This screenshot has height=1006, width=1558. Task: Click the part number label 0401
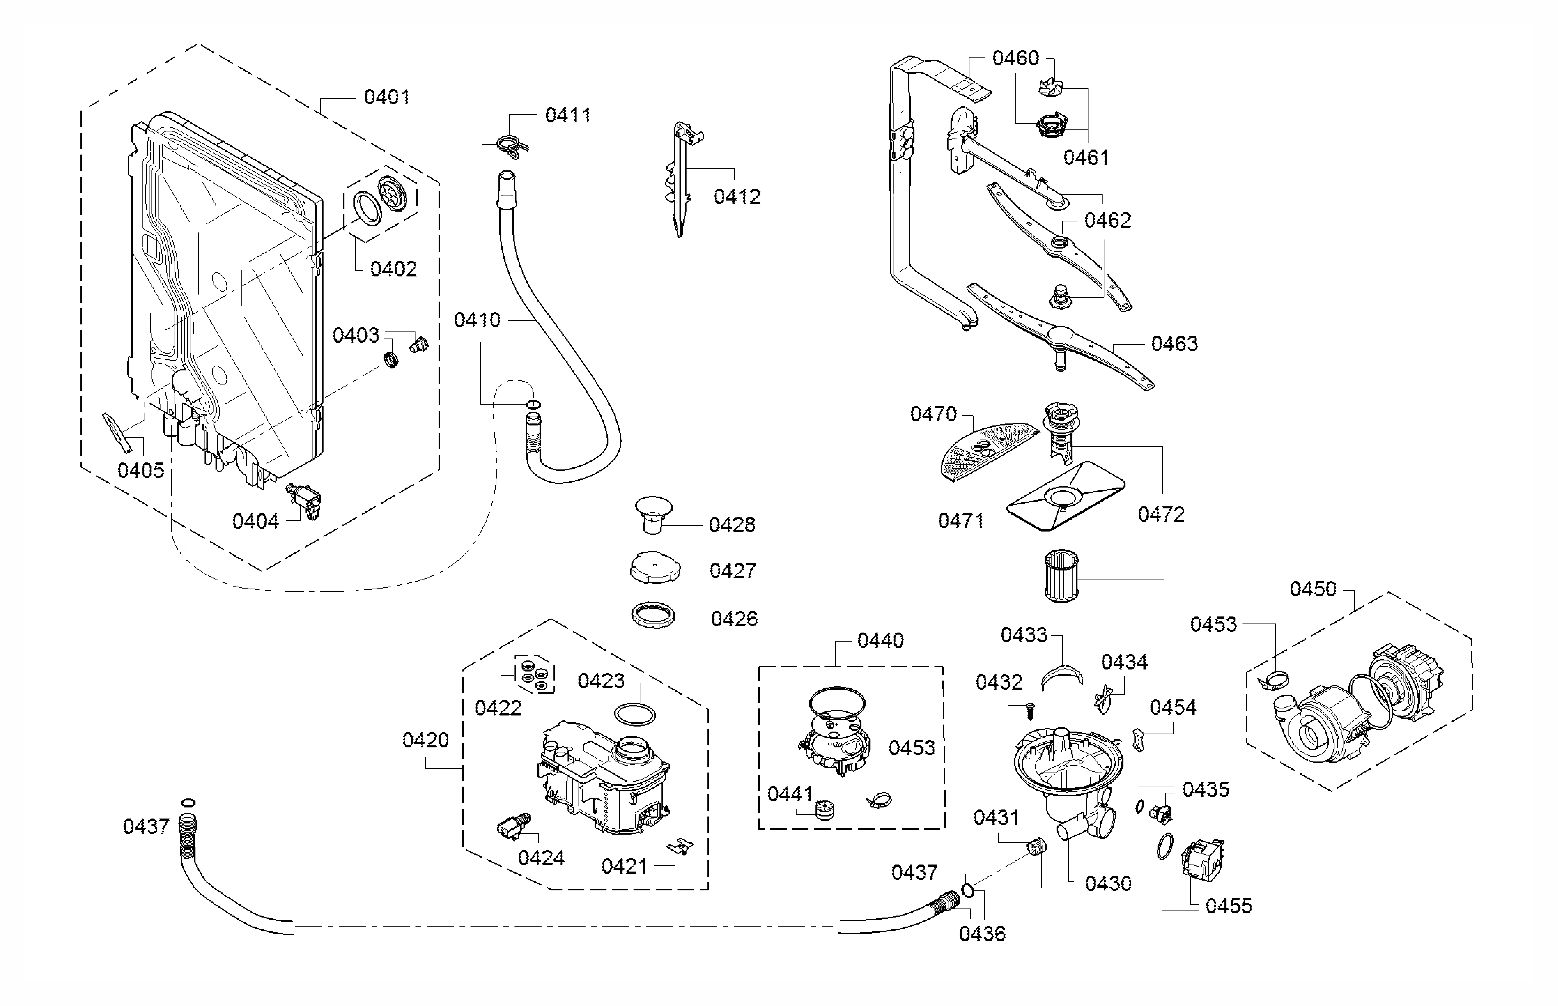pos(387,97)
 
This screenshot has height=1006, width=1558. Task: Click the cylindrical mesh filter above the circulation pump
pos(1061,576)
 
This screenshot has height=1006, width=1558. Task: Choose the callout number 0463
pos(1174,344)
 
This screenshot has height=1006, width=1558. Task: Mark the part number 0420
pos(426,740)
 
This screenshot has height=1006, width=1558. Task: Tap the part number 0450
pos(1313,589)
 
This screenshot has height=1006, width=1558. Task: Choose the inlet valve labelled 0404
pos(304,501)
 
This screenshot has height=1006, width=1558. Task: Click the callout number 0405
pos(140,470)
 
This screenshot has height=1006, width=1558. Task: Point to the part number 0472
pos(1161,515)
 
